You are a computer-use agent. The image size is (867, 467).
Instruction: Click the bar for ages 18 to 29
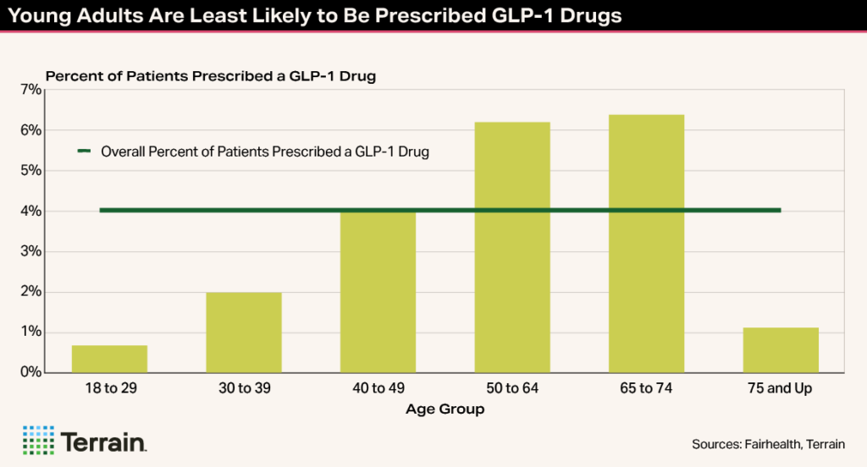click(109, 359)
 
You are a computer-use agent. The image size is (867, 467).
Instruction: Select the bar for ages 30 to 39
click(244, 332)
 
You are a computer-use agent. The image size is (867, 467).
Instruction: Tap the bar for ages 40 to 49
click(378, 292)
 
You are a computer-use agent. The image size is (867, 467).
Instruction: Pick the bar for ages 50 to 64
click(512, 247)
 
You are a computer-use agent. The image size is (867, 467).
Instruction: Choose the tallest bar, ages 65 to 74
click(646, 244)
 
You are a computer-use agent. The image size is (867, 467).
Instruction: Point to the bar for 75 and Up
click(781, 349)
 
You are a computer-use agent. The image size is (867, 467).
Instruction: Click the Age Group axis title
click(445, 409)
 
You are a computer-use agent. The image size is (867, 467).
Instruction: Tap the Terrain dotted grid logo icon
click(37, 440)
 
